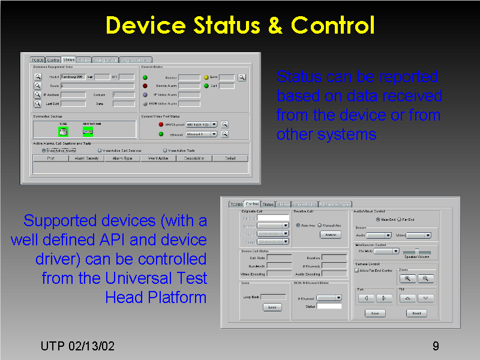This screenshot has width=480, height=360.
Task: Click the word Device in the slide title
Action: [146, 25]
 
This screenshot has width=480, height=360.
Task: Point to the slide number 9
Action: [436, 346]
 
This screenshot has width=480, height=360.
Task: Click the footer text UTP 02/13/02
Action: [77, 346]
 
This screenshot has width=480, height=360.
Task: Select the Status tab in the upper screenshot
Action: [69, 60]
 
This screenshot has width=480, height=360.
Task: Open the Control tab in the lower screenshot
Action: [252, 205]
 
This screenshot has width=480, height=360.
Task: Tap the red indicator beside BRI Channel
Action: [161, 124]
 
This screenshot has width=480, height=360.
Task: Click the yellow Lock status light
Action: [206, 77]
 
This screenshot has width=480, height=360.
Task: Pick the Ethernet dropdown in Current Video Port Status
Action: [202, 134]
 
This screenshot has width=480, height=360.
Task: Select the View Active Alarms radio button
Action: [44, 151]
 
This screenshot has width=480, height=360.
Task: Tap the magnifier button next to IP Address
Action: [37, 95]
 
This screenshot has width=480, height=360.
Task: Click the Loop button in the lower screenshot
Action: [272, 308]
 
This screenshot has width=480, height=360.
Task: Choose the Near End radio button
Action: [376, 220]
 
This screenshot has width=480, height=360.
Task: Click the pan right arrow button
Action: [384, 298]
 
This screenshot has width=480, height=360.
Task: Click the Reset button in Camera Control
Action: [416, 313]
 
